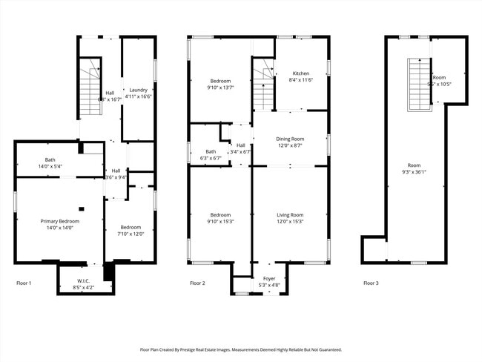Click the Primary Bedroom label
[60, 222]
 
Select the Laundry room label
[139, 90]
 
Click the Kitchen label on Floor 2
[300, 73]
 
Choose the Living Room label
[290, 214]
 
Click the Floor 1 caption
[25, 283]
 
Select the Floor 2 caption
[198, 283]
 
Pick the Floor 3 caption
[372, 283]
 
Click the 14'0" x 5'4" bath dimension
[50, 166]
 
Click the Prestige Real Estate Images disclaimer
[240, 349]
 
